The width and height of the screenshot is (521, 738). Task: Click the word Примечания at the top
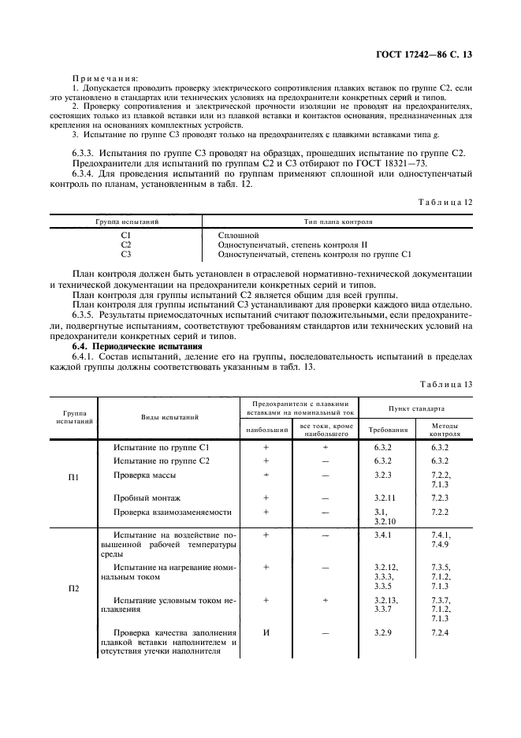point(106,78)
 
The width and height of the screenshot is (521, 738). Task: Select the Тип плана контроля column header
point(338,222)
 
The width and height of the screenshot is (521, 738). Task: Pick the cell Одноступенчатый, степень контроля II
point(292,244)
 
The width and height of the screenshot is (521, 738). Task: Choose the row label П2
point(73,589)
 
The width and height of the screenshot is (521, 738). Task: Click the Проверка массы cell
point(145,475)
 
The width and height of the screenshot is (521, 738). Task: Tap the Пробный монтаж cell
point(147,498)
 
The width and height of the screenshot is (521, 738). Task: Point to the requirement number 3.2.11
point(385,498)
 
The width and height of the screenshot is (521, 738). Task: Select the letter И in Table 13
point(266,632)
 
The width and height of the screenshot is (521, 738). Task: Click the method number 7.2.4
point(440,632)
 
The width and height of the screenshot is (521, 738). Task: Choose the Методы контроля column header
point(445,429)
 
